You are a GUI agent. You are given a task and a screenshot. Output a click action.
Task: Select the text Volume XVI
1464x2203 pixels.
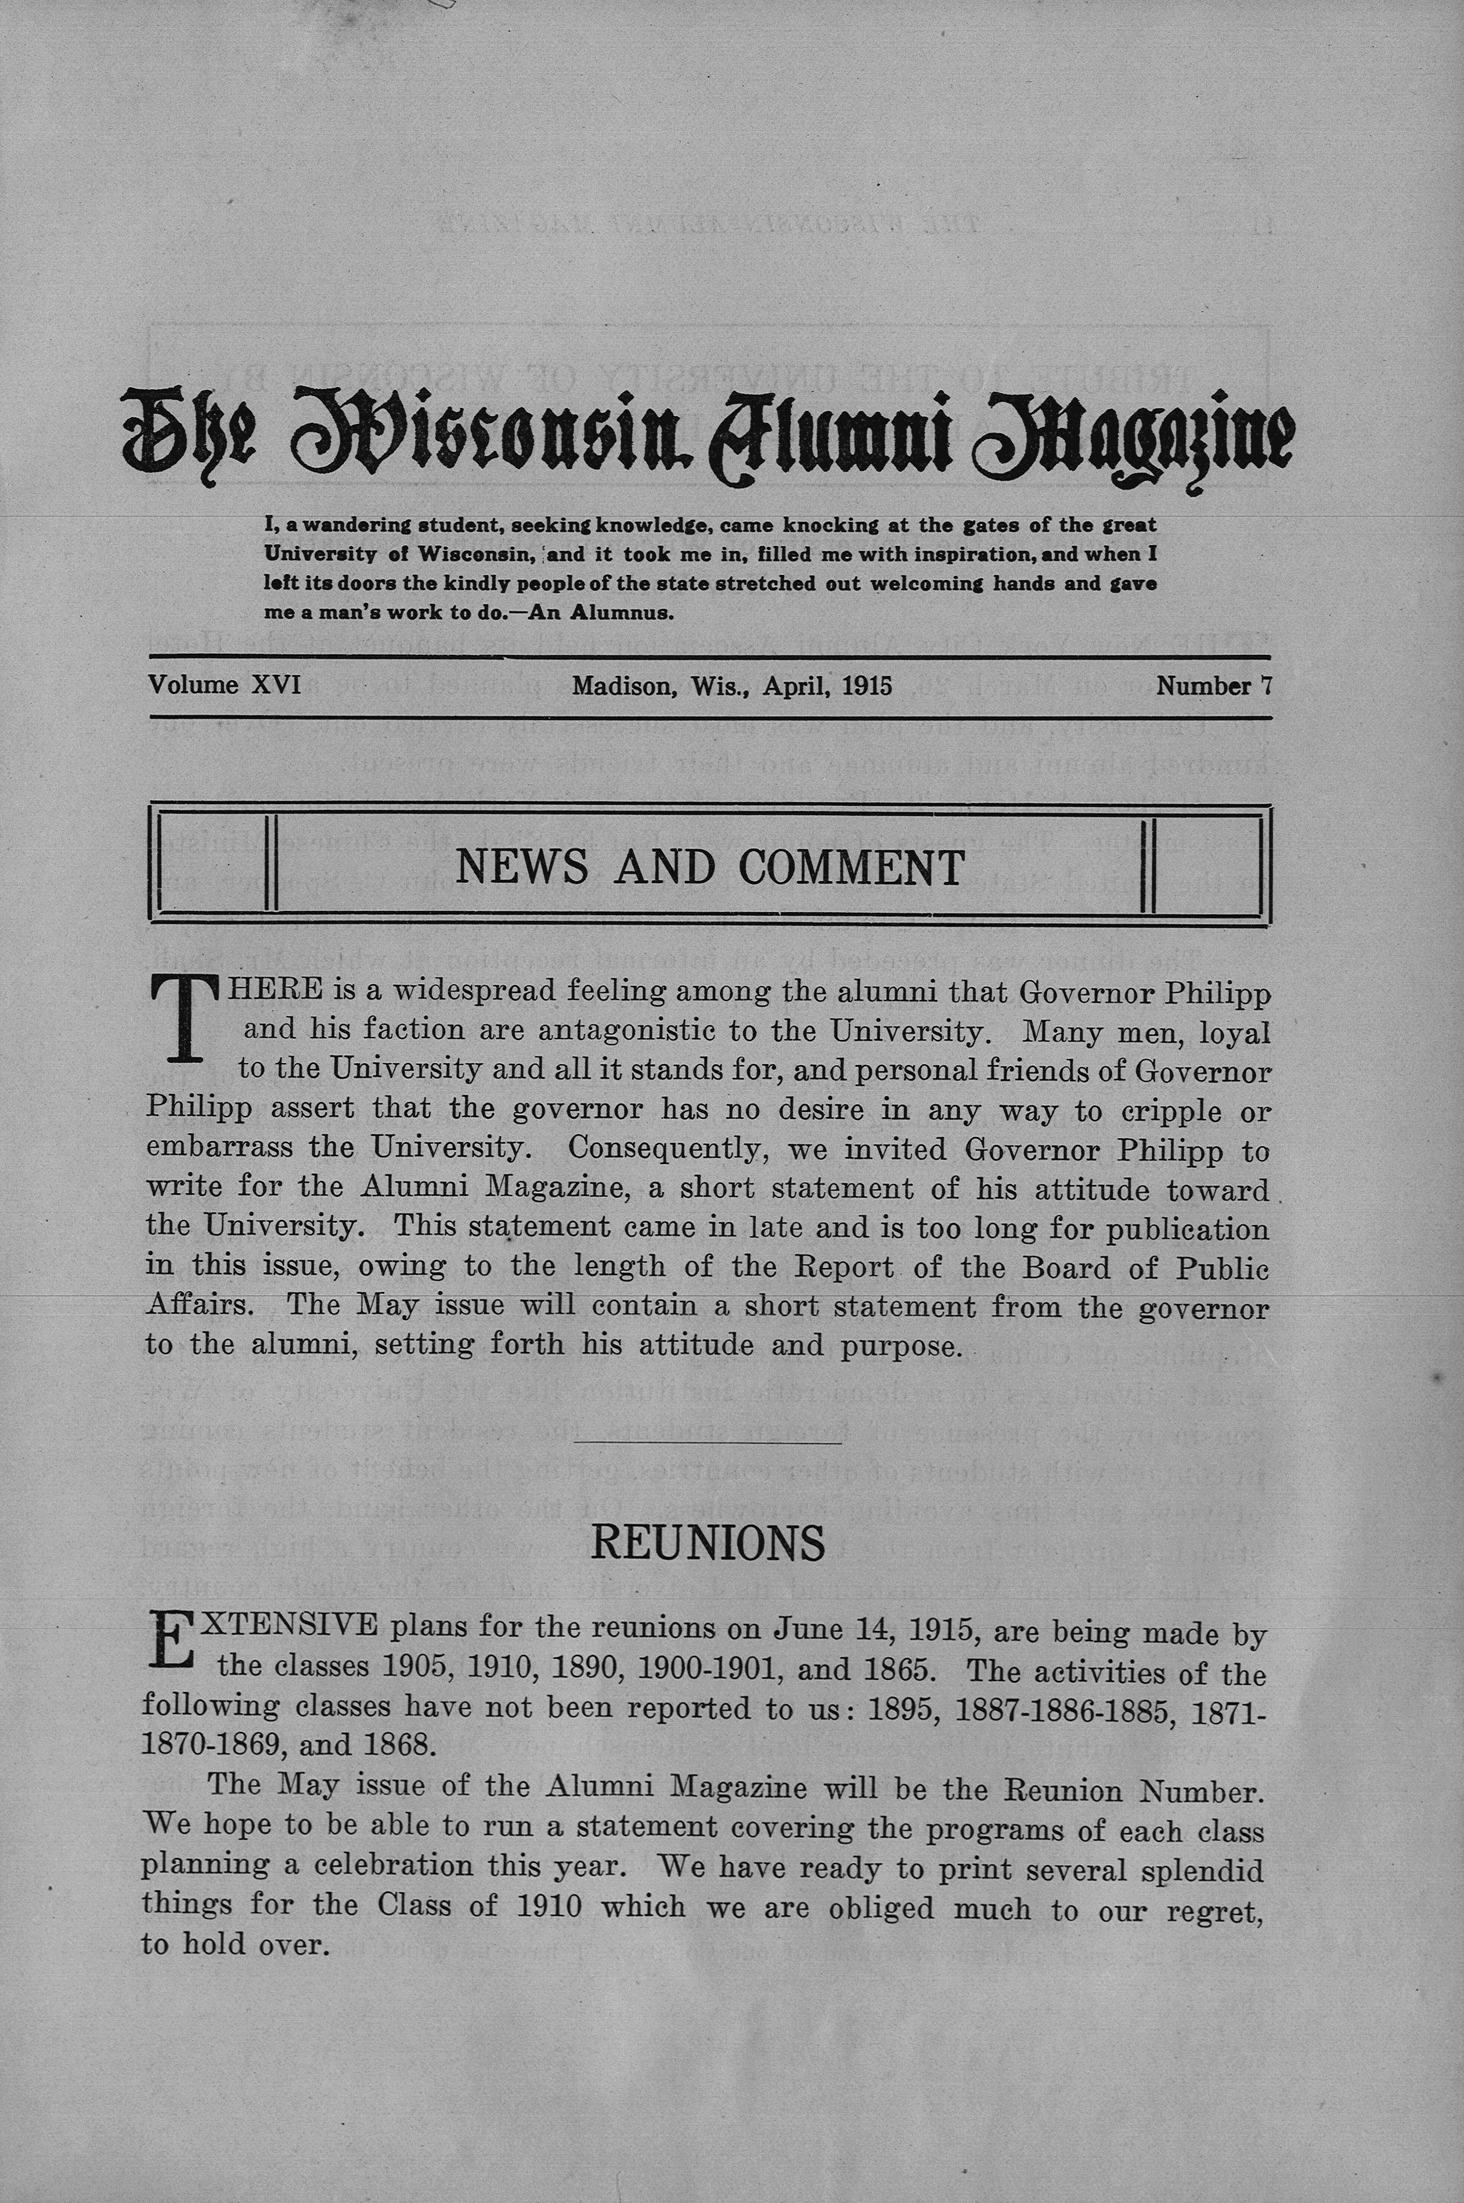(x=224, y=685)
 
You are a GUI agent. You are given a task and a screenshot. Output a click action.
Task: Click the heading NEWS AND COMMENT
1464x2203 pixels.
(x=709, y=867)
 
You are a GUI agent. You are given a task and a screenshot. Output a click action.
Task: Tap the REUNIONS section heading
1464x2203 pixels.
(x=709, y=1544)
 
